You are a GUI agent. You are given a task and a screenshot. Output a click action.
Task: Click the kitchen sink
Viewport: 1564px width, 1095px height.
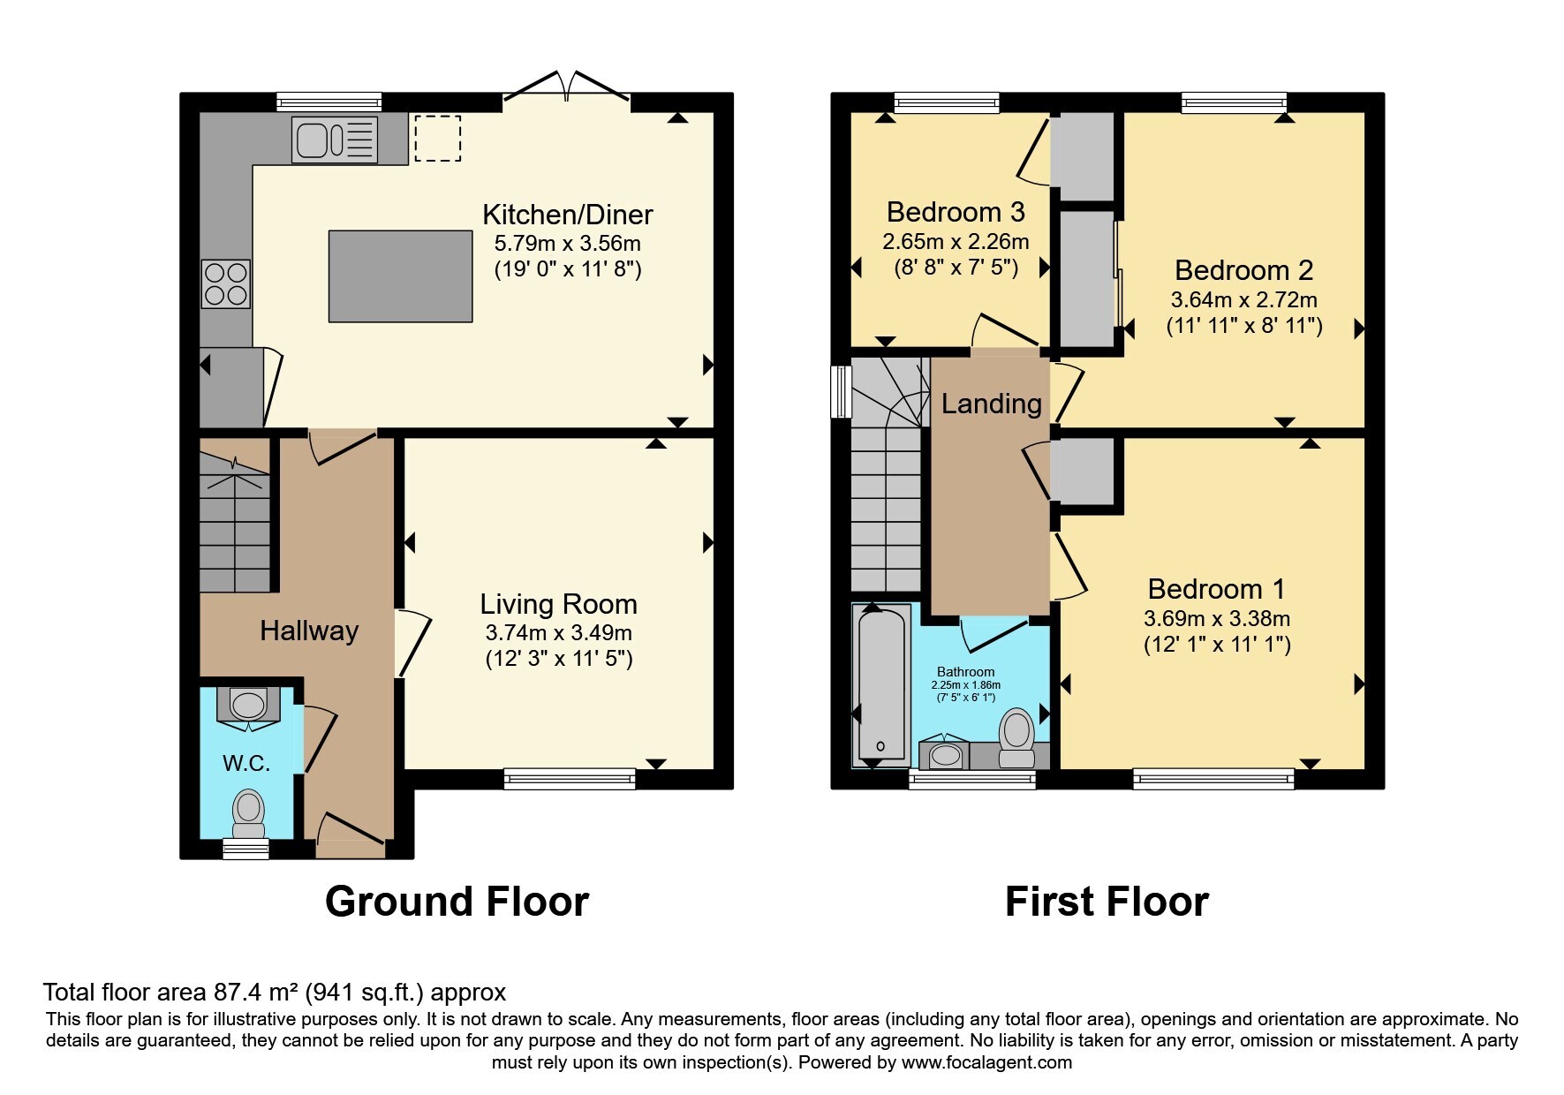point(336,140)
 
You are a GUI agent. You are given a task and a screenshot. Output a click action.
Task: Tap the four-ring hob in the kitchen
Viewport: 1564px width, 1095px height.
point(226,283)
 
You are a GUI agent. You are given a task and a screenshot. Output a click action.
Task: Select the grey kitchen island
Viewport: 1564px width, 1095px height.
point(400,276)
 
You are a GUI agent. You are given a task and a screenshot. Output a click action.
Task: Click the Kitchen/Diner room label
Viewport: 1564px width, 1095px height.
point(568,215)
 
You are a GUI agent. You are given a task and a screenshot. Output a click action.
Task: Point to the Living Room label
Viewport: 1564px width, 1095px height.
point(558,604)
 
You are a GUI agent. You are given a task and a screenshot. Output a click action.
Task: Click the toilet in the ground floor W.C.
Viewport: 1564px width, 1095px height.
point(249,812)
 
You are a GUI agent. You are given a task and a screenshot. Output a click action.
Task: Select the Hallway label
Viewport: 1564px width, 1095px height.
point(309,631)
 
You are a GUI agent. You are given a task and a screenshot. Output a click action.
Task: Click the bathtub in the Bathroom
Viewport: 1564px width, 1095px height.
point(881,682)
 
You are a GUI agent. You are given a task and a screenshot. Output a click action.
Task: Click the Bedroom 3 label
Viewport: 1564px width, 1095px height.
point(956,212)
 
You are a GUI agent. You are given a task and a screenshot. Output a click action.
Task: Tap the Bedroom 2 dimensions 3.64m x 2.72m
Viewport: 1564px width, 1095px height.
point(1244,300)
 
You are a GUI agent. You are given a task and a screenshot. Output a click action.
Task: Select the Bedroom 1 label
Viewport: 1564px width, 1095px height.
point(1216,589)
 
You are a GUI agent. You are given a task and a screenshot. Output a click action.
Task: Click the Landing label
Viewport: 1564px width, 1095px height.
point(992,404)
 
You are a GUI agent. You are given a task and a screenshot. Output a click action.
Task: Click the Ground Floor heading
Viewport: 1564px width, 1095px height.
point(457,902)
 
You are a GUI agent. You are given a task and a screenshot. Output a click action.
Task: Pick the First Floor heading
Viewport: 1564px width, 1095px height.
point(1107,902)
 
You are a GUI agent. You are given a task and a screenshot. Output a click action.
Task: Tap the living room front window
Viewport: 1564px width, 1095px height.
point(570,778)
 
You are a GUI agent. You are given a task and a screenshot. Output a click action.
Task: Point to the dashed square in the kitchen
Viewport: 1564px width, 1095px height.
point(438,138)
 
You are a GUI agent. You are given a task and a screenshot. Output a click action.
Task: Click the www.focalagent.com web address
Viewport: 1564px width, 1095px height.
point(986,1062)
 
